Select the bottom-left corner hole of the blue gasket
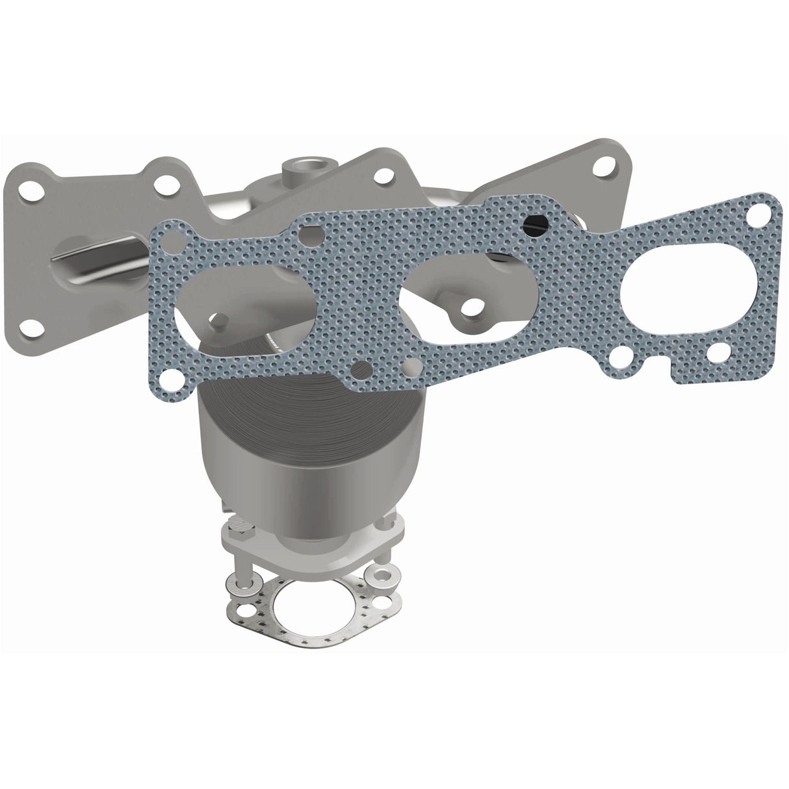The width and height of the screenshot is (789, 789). pos(170,378)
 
